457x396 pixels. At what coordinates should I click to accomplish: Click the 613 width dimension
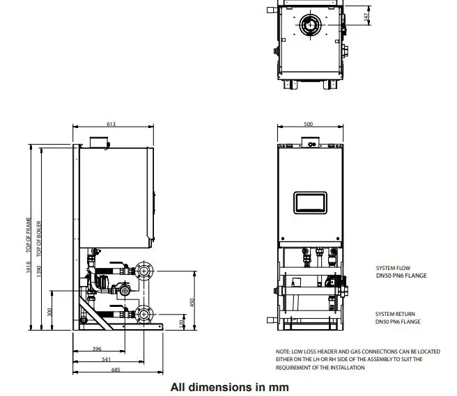click(x=111, y=124)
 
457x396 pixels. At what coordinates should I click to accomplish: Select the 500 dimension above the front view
click(x=309, y=124)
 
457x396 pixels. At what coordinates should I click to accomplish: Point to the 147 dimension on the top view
click(x=366, y=15)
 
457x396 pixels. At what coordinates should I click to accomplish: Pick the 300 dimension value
click(x=49, y=311)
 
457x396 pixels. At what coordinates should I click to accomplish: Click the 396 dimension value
click(x=97, y=349)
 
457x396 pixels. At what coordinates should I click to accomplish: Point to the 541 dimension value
click(x=106, y=359)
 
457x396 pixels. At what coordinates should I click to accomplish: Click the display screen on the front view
click(x=311, y=202)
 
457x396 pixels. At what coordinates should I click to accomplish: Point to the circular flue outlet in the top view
click(x=310, y=26)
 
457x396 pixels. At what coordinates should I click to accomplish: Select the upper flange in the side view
click(x=144, y=269)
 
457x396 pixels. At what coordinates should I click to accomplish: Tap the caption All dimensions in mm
click(x=229, y=386)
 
